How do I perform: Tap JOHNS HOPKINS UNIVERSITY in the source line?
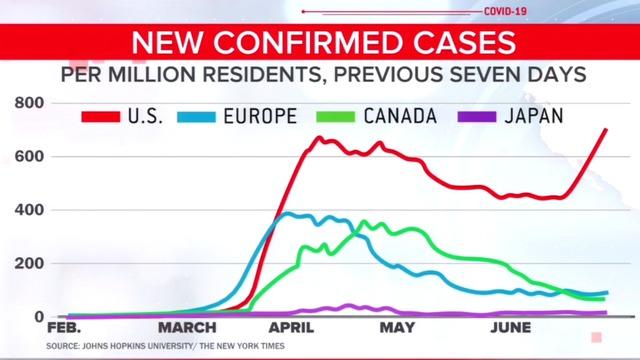[136, 346]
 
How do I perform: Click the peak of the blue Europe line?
[290, 213]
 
